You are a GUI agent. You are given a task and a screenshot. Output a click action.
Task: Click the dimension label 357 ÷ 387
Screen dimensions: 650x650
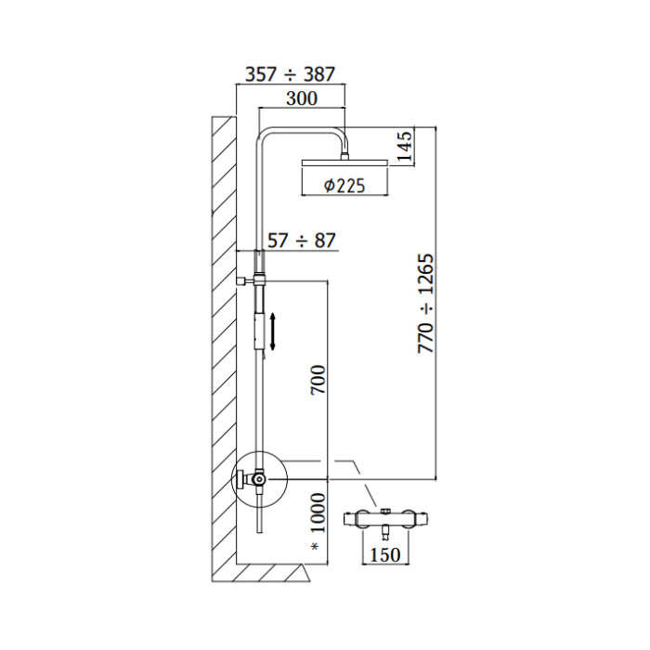pyautogui.click(x=290, y=74)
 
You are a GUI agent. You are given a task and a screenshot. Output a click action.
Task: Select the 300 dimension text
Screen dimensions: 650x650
pyautogui.click(x=302, y=98)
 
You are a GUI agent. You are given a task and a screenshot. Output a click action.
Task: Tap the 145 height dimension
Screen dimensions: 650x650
pyautogui.click(x=405, y=146)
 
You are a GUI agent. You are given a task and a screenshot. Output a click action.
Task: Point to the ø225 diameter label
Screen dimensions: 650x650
pyautogui.click(x=344, y=186)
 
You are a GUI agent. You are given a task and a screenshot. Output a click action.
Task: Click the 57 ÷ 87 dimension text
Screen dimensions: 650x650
pyautogui.click(x=302, y=240)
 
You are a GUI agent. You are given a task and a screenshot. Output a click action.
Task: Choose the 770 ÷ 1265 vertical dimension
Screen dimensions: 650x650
pyautogui.click(x=425, y=304)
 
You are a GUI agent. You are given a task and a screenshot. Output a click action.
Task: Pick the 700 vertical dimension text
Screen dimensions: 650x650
pyautogui.click(x=318, y=380)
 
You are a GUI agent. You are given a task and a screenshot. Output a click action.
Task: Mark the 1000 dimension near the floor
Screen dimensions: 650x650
pyautogui.click(x=318, y=513)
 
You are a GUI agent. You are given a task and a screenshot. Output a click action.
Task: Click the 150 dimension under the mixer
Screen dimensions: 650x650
pyautogui.click(x=385, y=554)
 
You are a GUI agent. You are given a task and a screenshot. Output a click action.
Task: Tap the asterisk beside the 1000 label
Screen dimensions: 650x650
pyautogui.click(x=315, y=547)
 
